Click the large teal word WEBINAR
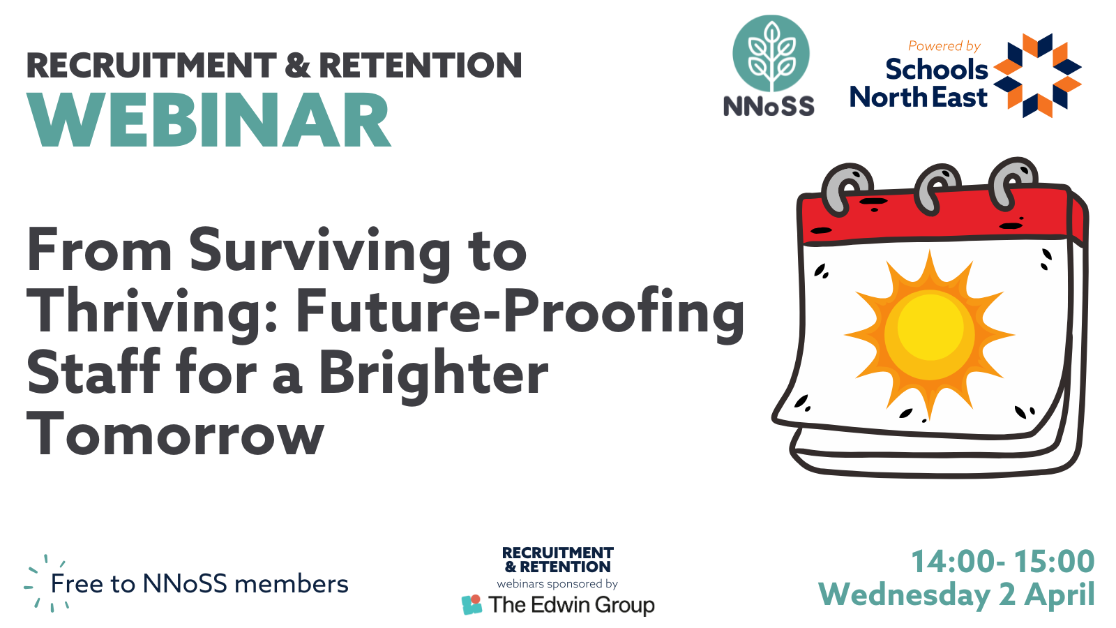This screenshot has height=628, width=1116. pos(209,119)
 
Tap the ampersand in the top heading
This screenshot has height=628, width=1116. pos(298,66)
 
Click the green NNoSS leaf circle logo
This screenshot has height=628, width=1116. pos(771,53)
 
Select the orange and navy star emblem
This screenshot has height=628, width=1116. pos(1037,75)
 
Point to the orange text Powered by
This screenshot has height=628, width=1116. pos(944,46)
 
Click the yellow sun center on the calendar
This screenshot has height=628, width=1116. pos(929,327)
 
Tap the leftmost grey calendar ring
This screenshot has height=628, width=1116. pos(847,189)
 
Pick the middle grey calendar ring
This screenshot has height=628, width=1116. pos(937,188)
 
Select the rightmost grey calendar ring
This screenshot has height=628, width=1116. pos(1012,182)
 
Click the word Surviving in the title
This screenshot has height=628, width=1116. pos(319,253)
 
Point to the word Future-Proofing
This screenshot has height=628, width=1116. pos(520,315)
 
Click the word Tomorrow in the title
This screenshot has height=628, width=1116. pos(175,433)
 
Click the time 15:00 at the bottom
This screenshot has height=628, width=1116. pos(1054,561)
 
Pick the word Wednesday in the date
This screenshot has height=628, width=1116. pos(904,595)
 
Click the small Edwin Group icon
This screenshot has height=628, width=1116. pos(472,604)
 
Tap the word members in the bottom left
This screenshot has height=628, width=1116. pos(292,583)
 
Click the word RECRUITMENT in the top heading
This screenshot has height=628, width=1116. pos(151,66)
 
